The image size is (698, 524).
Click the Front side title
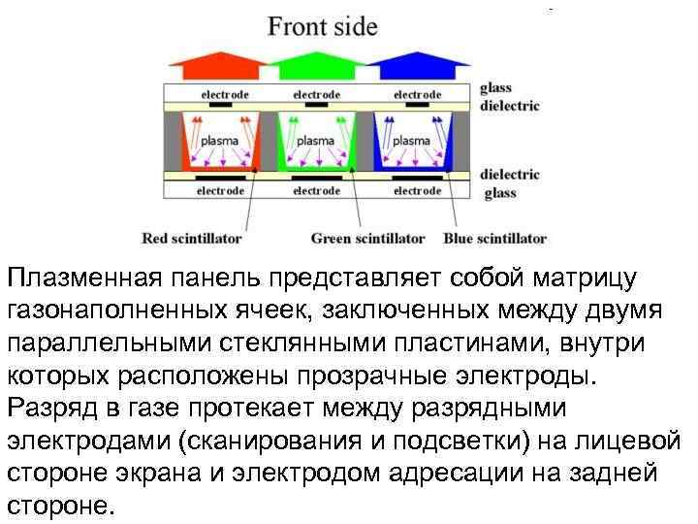[x=323, y=25]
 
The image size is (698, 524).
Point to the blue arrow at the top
[x=418, y=65]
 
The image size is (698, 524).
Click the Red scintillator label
[x=192, y=238]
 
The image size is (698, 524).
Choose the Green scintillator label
[x=367, y=238]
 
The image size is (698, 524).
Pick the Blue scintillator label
[x=494, y=238]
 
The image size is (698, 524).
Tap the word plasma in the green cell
[x=315, y=141]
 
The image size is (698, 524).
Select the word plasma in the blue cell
[x=411, y=141]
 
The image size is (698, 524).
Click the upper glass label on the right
[x=496, y=88]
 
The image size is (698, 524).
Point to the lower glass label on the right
[x=500, y=193]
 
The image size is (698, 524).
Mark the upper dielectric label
[x=510, y=106]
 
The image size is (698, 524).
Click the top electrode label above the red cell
[x=225, y=94]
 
